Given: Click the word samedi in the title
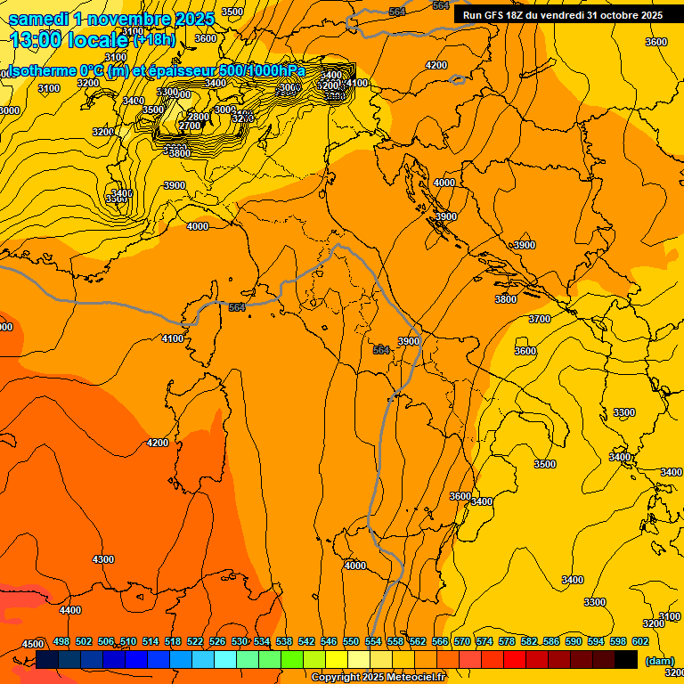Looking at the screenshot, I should pos(38,18).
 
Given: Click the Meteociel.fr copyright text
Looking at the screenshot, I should pos(378,677).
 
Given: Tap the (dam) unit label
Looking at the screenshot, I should pos(659,661).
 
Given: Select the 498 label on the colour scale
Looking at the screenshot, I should pos(61,642).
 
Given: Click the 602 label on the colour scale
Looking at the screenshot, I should pos(639,642).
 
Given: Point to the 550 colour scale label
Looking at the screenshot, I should pos(351,642).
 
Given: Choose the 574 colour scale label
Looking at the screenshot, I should pos(484,642).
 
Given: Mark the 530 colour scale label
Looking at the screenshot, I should pos(240,642).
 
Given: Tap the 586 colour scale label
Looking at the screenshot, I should pos(551,642).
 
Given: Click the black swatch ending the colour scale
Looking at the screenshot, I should pos(626,660).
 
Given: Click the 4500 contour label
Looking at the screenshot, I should pos(33,644).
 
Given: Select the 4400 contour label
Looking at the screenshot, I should pos(69,610).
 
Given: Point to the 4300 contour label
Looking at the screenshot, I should pos(103,559).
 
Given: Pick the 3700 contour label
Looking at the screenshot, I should pos(540,319).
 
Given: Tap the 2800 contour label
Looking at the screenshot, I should pos(198,117).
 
